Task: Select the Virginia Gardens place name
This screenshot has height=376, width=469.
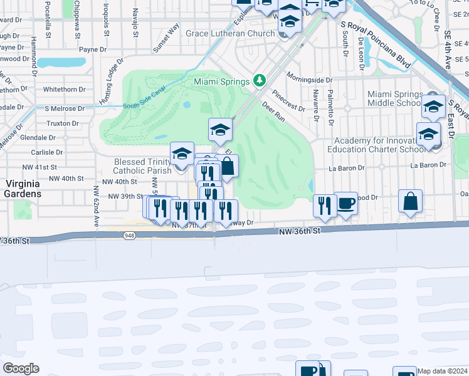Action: [23, 189]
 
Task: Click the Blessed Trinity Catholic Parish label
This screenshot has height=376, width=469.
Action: [142, 166]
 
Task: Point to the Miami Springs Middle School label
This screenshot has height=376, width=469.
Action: [394, 98]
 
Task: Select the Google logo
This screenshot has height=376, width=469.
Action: [21, 368]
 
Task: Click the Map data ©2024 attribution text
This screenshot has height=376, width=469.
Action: [442, 371]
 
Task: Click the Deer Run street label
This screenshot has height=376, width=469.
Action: [273, 112]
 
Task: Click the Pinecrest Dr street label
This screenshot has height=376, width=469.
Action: [289, 104]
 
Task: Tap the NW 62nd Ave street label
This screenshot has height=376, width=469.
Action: [96, 207]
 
